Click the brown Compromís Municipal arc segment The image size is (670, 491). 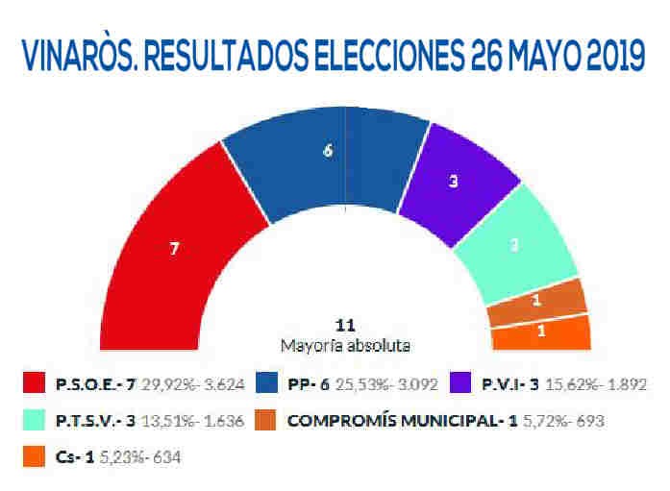(x=536, y=301)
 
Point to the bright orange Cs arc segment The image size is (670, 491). (x=540, y=332)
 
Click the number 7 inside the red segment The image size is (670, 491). (x=174, y=248)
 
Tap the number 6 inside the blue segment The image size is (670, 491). (x=329, y=151)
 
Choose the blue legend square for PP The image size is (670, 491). (x=272, y=384)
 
